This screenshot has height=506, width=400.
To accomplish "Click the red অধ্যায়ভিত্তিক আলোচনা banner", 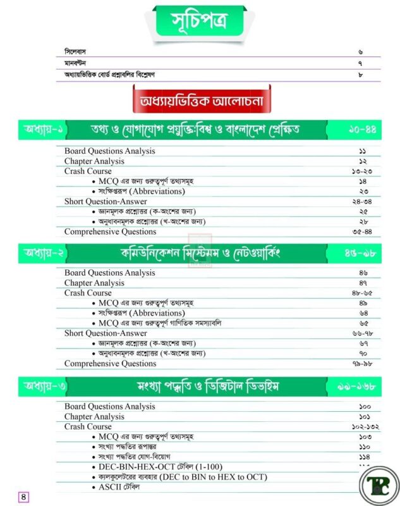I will pos(199,102).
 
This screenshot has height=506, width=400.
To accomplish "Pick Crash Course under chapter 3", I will pos(88,426).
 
